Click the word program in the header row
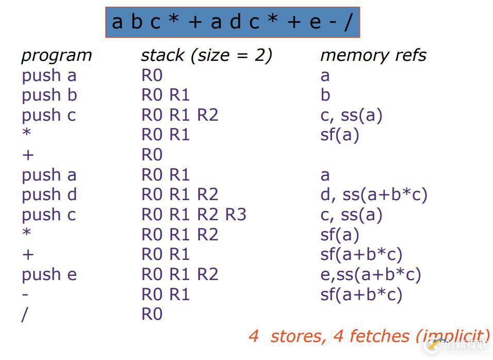tap(56, 56)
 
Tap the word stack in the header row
tap(162, 55)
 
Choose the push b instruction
tap(49, 95)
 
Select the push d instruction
tap(49, 195)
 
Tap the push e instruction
tap(49, 275)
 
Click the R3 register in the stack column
tap(236, 215)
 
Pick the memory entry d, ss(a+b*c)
tap(373, 195)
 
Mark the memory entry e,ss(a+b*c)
tap(370, 275)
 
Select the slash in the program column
tap(24, 315)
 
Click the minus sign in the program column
tap(25, 295)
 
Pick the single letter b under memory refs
tap(325, 95)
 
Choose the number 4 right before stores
tap(253, 336)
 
